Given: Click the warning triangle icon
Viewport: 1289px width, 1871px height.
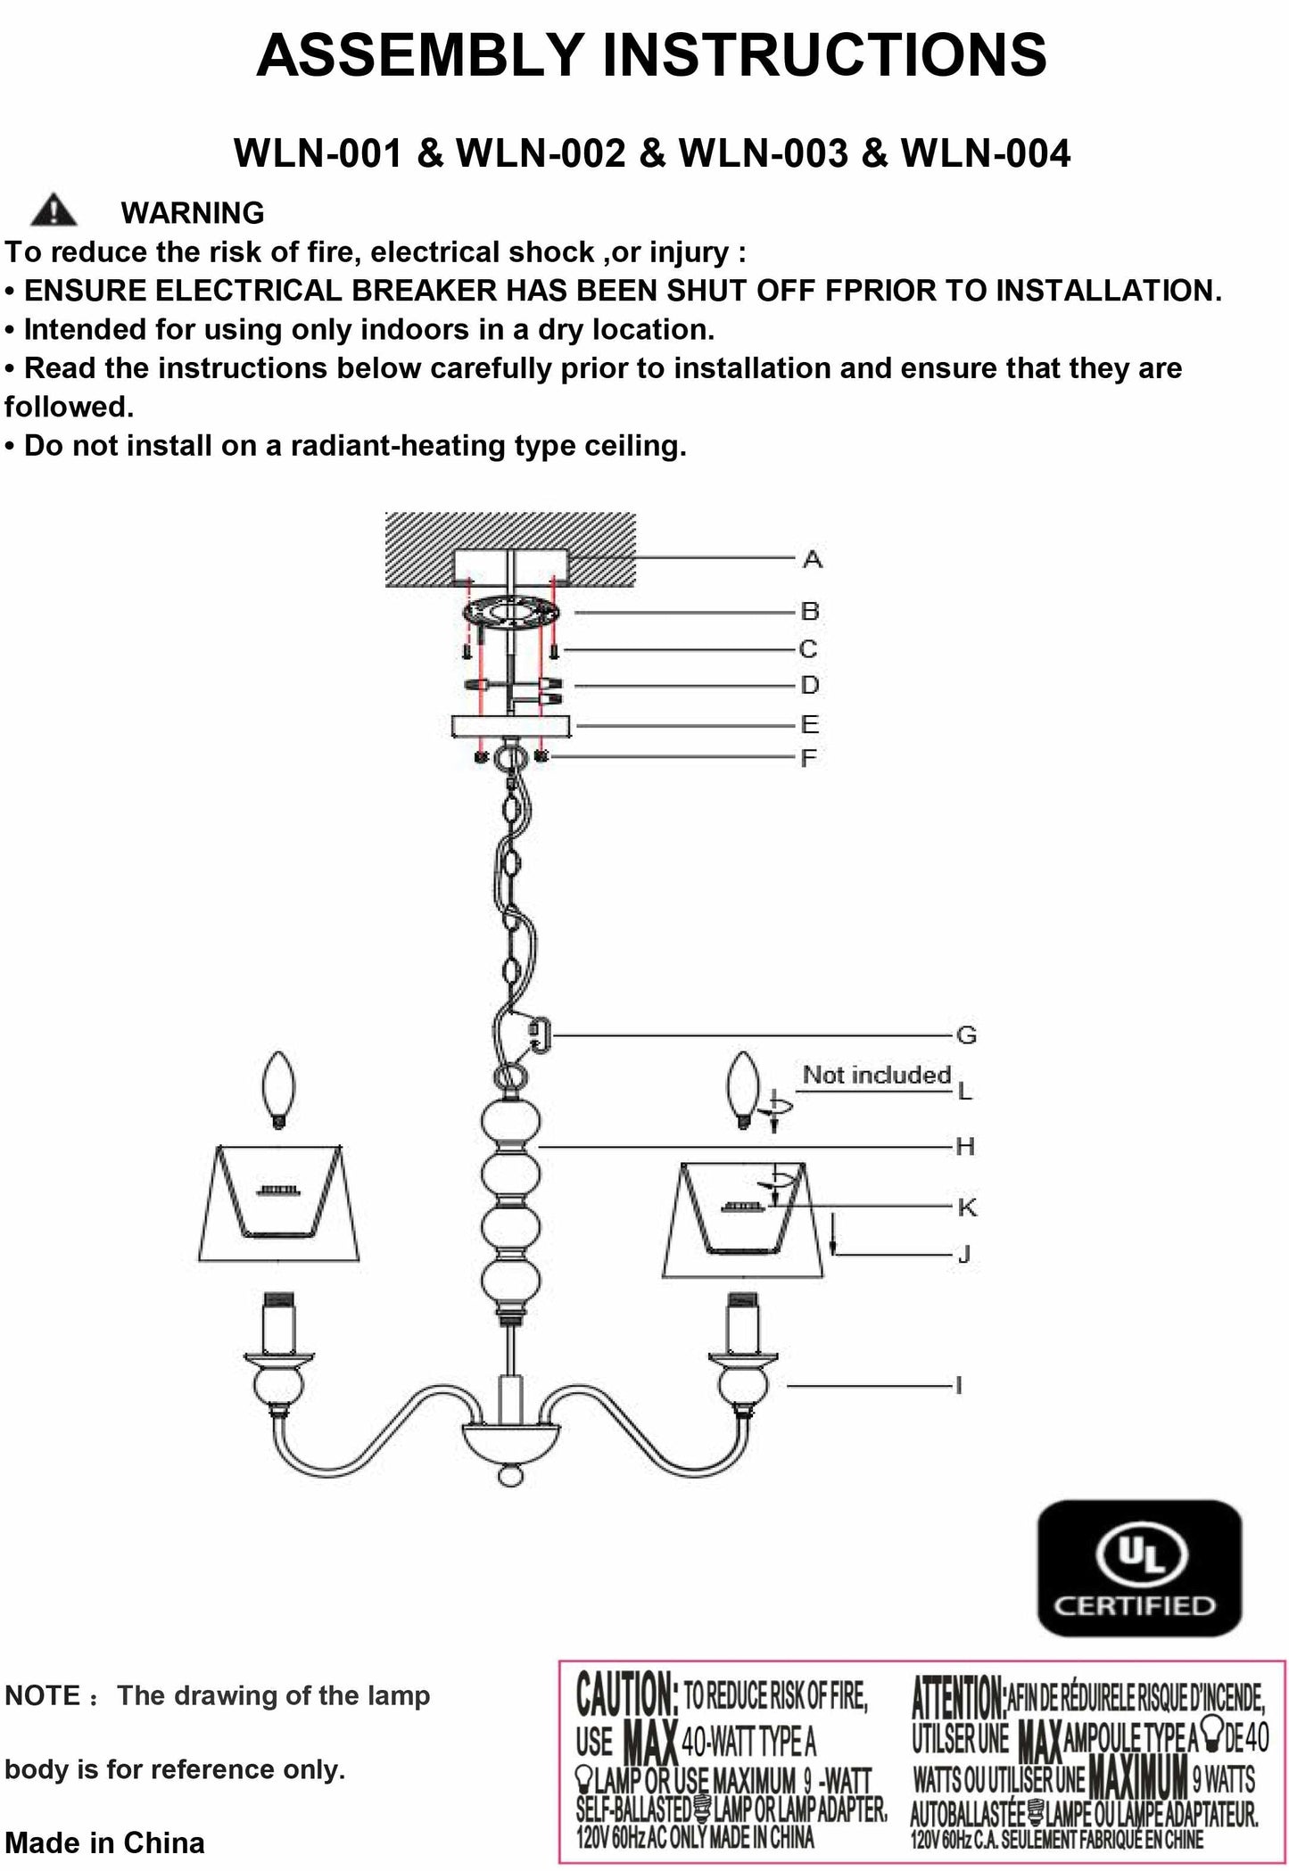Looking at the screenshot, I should click(x=54, y=210).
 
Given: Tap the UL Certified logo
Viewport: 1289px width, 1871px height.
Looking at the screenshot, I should click(x=1139, y=1568).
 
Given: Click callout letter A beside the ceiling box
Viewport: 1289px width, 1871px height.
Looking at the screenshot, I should click(x=812, y=560).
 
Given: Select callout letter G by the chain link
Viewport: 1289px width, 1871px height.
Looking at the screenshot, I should click(x=966, y=1035).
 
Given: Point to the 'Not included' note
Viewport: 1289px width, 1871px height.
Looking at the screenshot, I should click(x=876, y=1075).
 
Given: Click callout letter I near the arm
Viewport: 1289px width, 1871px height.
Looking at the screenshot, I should click(x=959, y=1386).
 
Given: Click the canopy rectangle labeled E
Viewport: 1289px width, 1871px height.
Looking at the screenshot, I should click(x=510, y=726).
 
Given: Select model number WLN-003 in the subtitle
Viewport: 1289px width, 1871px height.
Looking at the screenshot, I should click(x=764, y=153).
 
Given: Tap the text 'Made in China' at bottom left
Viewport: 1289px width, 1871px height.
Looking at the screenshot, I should click(x=105, y=1842).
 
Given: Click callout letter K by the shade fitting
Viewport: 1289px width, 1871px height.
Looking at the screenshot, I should click(x=967, y=1207).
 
